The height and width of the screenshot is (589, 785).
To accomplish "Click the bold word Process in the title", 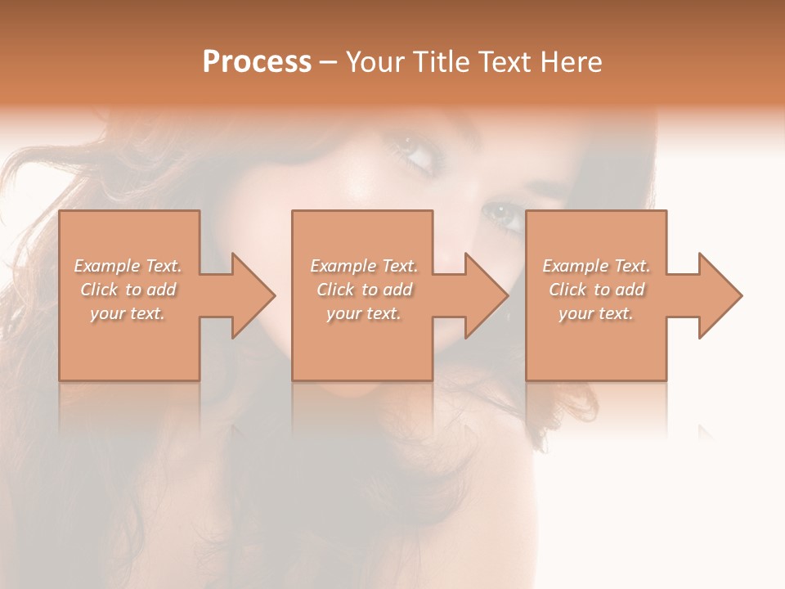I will [257, 62].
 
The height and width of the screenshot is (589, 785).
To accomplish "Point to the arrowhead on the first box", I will [249, 295].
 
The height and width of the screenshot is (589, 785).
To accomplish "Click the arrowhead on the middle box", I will [482, 295].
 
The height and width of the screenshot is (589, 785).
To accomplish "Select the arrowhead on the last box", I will [715, 295].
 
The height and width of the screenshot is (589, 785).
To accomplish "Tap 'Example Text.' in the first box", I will [128, 266].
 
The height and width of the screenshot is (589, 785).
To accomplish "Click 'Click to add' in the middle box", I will [364, 290].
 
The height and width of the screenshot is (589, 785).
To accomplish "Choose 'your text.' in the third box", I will [596, 313].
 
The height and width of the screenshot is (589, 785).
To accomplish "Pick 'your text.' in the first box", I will [128, 313].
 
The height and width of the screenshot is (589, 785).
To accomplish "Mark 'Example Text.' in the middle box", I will [364, 266].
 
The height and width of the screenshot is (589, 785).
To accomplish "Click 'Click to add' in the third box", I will [596, 290].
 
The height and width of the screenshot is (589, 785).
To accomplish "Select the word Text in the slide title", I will [504, 62].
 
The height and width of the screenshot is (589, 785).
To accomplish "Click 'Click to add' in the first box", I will [128, 290].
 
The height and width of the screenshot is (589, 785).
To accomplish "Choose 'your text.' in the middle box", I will [364, 313].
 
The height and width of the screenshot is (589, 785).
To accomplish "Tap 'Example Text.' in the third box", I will [596, 266].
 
